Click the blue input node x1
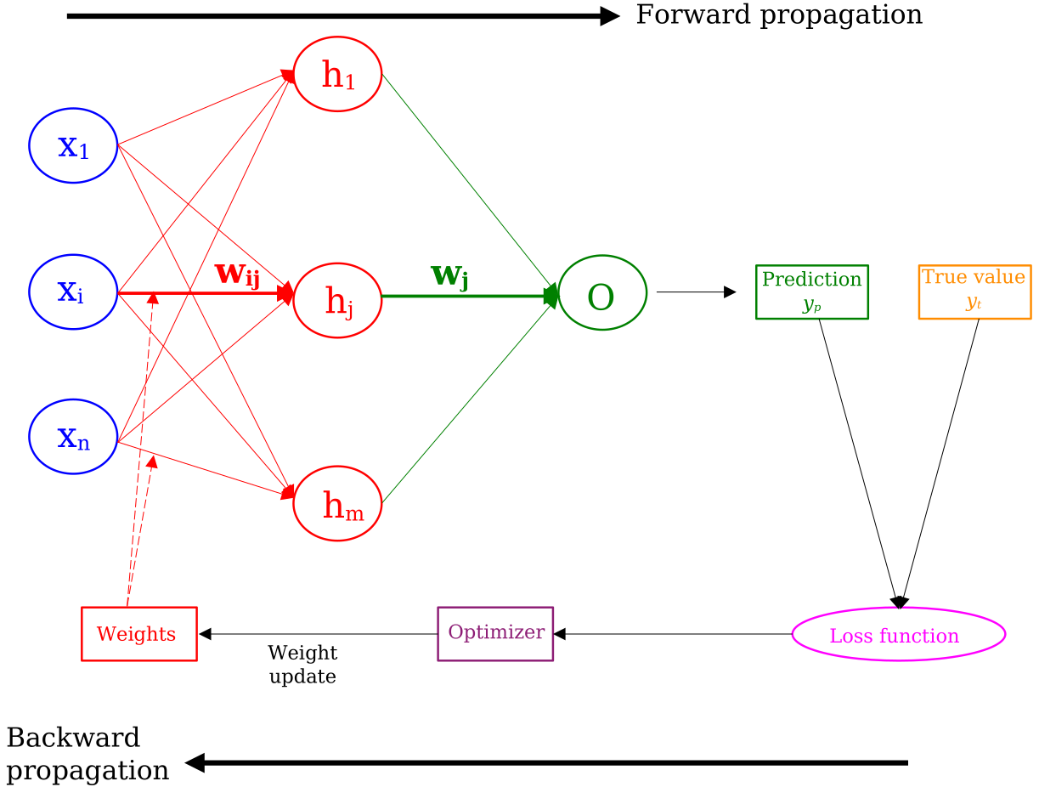[73, 146]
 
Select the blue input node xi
[73, 292]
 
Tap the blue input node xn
[73, 437]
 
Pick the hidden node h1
[337, 74]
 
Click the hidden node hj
[337, 300]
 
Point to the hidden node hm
[337, 503]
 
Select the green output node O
[602, 293]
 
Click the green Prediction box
[812, 292]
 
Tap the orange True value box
[974, 292]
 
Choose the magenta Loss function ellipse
[898, 634]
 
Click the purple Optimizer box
[495, 633]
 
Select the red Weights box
[138, 633]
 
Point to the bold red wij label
[237, 275]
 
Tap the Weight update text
[302, 665]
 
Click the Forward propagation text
[778, 15]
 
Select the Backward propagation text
[87, 754]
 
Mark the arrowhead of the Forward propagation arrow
[610, 15]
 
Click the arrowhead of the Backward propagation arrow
[195, 762]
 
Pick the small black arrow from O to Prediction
[696, 292]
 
